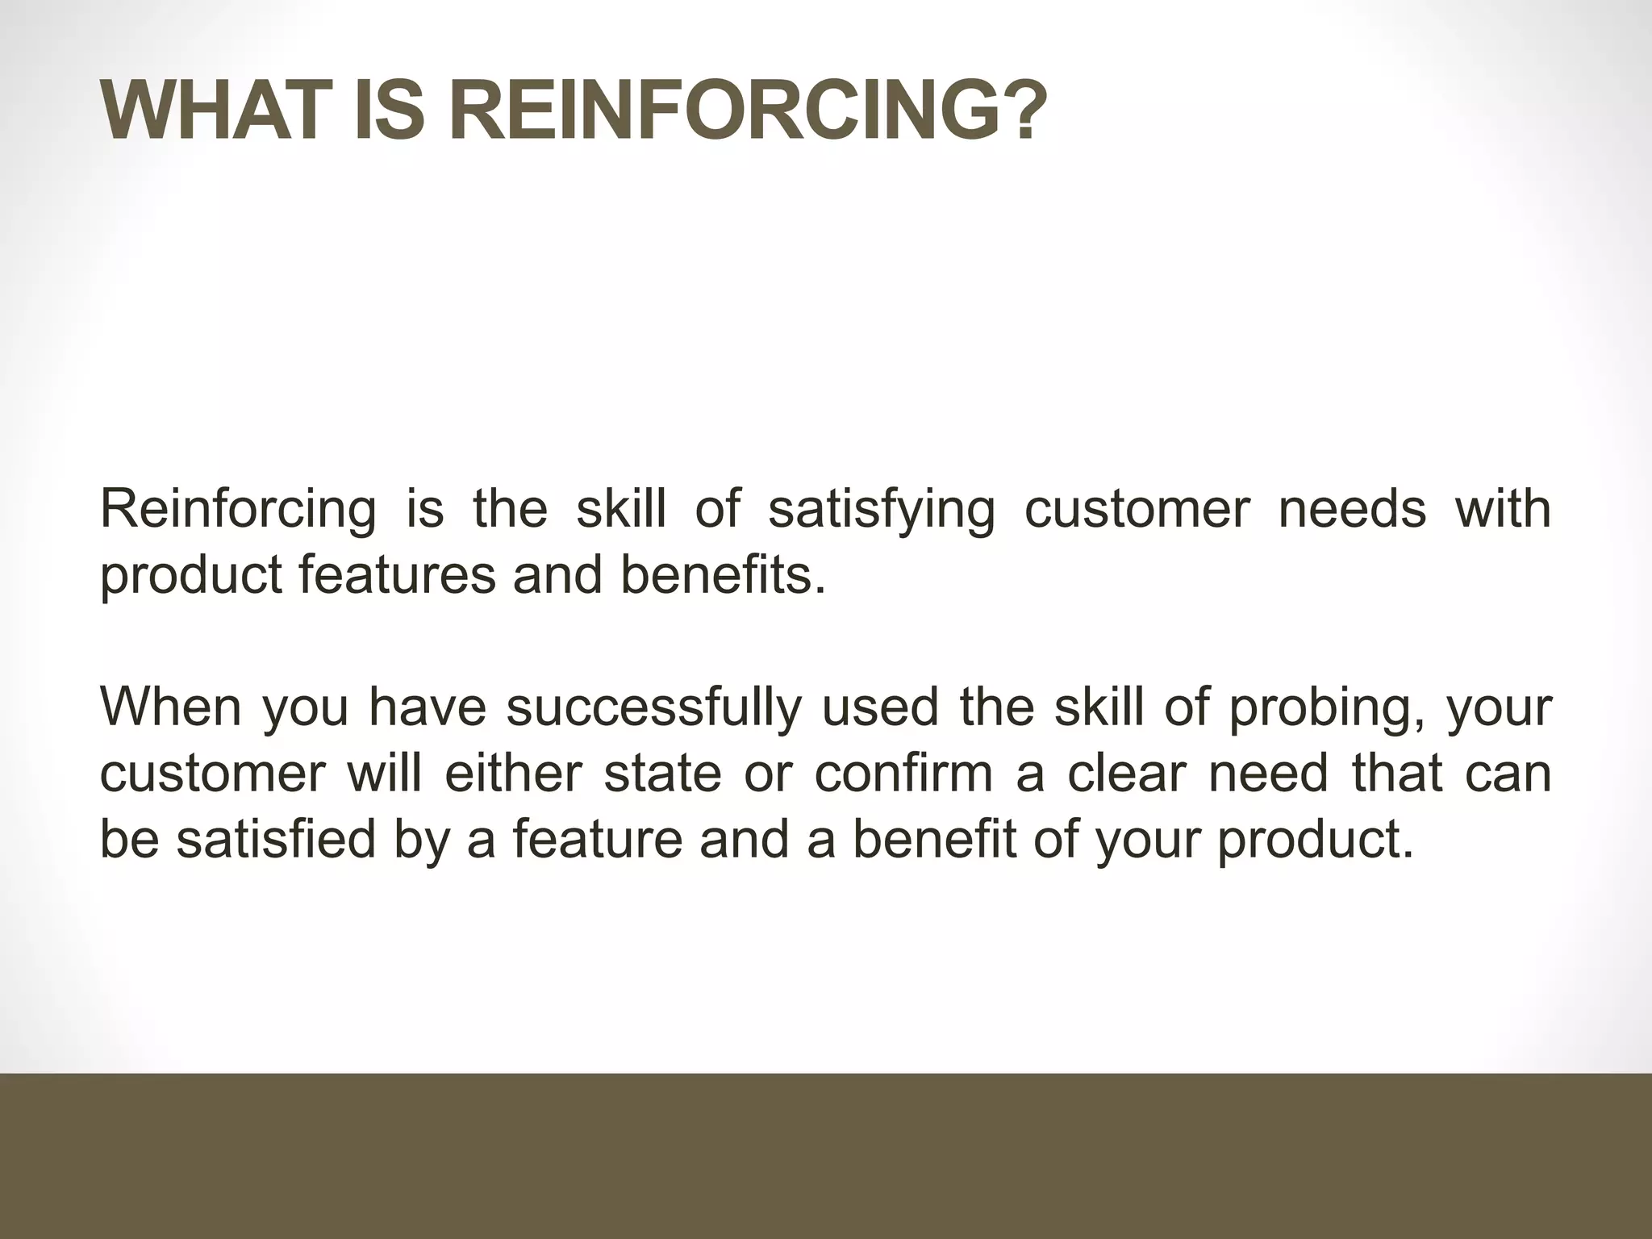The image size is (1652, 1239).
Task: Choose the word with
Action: pyautogui.click(x=1503, y=510)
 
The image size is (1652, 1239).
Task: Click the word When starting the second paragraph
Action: pyautogui.click(x=170, y=707)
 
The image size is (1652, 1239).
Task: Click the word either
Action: pyautogui.click(x=513, y=773)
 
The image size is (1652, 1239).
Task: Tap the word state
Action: pyautogui.click(x=662, y=773)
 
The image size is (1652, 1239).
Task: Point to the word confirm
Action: pyautogui.click(x=903, y=773)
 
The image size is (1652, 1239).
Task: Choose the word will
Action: pyautogui.click(x=384, y=773)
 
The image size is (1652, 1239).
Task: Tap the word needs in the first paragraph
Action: pyautogui.click(x=1352, y=510)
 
